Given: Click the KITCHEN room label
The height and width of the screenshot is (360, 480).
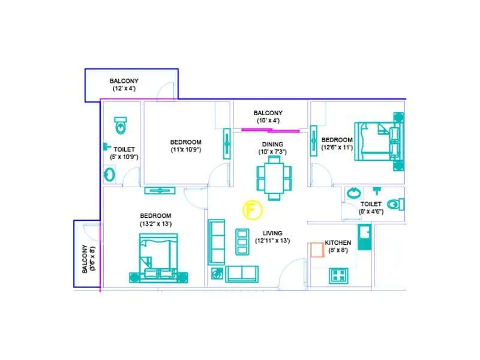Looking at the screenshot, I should coord(338,242).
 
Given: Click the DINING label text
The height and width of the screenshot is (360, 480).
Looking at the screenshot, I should coord(271,144).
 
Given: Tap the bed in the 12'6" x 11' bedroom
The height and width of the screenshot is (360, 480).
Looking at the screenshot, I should coord(378,142).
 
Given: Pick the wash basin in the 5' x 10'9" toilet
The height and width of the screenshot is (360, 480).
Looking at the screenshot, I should coord(110,175).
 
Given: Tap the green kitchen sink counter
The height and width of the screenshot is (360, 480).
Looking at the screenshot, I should coord(364,238).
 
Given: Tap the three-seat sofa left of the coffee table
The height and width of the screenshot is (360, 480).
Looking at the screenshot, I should coord(216,242).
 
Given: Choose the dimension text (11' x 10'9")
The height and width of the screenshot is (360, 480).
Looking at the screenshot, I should coord(185,149).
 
